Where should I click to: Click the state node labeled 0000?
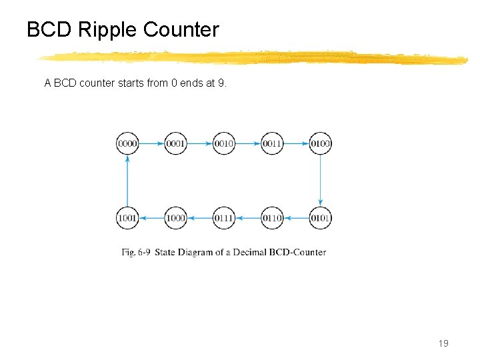point(127,143)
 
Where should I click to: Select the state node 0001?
point(175,143)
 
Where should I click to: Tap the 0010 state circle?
point(224,143)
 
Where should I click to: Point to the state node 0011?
point(272,143)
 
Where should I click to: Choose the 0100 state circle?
point(321,143)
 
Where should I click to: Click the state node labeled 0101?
point(321,218)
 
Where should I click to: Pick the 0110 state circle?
point(272,218)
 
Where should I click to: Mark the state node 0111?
point(224,218)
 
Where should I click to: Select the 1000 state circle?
point(175,218)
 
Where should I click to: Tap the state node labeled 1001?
point(127,218)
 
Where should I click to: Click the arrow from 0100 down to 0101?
point(321,181)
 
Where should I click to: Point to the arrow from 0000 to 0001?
point(151,143)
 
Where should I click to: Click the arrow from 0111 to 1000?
point(200,218)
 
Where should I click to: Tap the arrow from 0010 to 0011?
point(248,143)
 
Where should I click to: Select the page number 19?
point(443,343)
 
